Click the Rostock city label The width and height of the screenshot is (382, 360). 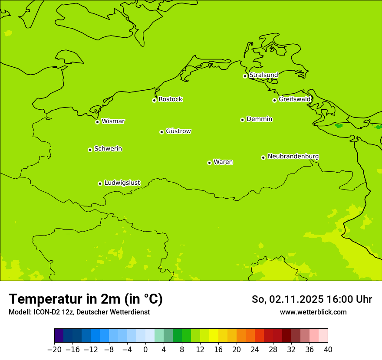pyautogui.click(x=170, y=99)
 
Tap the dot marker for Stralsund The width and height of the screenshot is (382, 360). pyautogui.click(x=245, y=76)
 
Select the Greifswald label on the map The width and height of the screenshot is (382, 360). pyautogui.click(x=295, y=99)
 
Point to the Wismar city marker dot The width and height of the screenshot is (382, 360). pyautogui.click(x=98, y=122)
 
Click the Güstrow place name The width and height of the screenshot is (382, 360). pyautogui.click(x=178, y=131)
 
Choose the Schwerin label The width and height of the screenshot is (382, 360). pyautogui.click(x=108, y=149)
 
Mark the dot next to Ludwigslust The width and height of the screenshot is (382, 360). pyautogui.click(x=100, y=183)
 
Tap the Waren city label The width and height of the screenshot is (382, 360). pyautogui.click(x=223, y=162)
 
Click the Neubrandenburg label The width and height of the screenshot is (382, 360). pyautogui.click(x=293, y=157)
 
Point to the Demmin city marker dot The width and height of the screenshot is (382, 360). pyautogui.click(x=242, y=120)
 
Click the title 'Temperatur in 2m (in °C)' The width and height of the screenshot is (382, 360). pyautogui.click(x=86, y=299)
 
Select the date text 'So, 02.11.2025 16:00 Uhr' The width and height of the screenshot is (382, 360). pyautogui.click(x=312, y=299)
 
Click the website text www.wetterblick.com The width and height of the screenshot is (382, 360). pyautogui.click(x=313, y=312)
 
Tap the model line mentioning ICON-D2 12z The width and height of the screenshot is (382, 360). pyautogui.click(x=79, y=312)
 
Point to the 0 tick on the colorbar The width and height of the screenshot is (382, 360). pyautogui.click(x=145, y=350)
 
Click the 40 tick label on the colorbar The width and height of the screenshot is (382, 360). pyautogui.click(x=328, y=350)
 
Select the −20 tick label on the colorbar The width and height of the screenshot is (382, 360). pyautogui.click(x=54, y=350)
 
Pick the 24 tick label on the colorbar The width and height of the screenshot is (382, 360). pyautogui.click(x=255, y=350)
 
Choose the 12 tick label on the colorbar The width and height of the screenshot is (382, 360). pyautogui.click(x=200, y=350)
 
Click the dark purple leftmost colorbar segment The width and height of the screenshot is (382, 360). pyautogui.click(x=59, y=336)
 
